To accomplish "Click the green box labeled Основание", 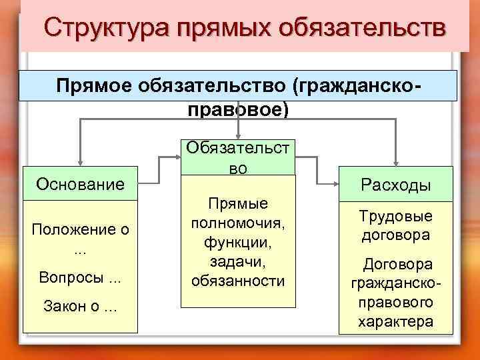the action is point(80,183).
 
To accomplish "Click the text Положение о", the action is point(80,230).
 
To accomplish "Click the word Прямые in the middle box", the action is point(237,203).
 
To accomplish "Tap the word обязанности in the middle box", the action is point(237,281).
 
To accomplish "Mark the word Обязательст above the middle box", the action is point(237,148).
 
